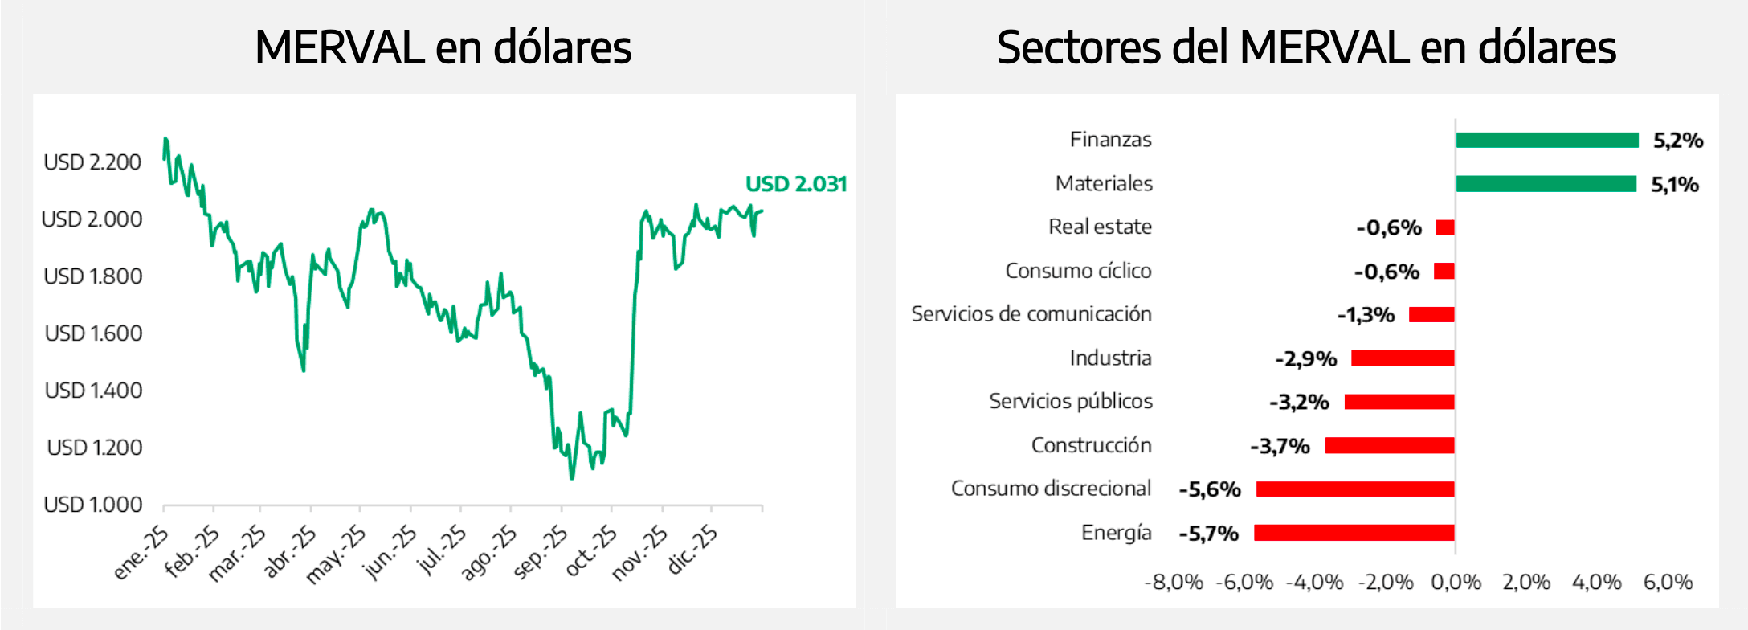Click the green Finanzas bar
[1546, 141]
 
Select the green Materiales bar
[1546, 184]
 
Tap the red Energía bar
[1354, 533]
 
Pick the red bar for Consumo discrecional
[1355, 489]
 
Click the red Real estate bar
[1445, 227]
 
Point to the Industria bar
[1402, 358]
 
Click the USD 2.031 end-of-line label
[795, 184]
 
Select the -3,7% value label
[1280, 446]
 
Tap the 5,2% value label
[1677, 141]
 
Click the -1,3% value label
[1365, 315]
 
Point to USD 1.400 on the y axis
[93, 391]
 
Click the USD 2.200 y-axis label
[92, 162]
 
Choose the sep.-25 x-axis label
[541, 552]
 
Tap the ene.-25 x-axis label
[141, 552]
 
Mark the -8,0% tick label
[1173, 582]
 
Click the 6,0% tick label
[1668, 582]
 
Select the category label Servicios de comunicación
[1031, 314]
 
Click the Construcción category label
[1091, 445]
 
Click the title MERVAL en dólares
[443, 47]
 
